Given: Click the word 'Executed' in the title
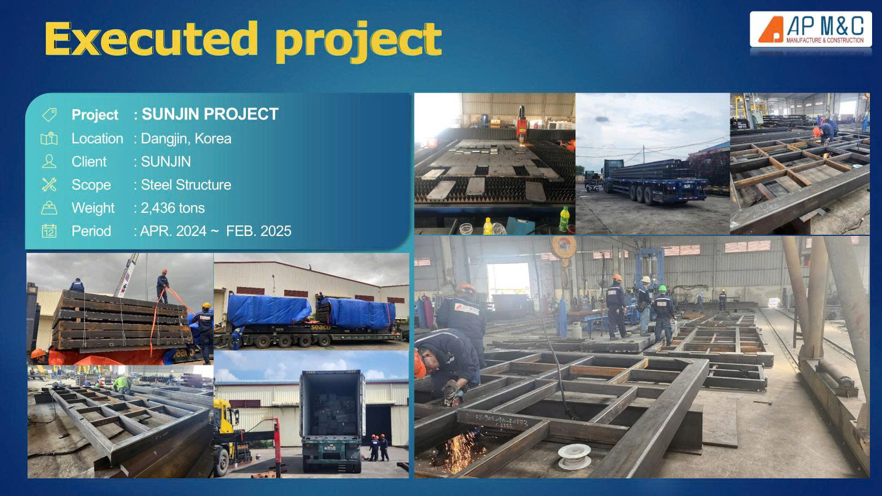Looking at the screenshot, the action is coord(151,39).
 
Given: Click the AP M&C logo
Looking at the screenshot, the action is coord(811,29).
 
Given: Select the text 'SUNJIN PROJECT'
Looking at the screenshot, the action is coord(210,114).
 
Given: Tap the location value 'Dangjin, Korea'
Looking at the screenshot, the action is coord(186,138).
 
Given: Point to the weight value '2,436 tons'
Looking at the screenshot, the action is coord(173,208).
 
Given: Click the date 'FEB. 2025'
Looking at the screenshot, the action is coord(259,231).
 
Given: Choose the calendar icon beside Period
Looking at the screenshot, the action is coord(49,231).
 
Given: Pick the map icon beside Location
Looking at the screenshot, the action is coord(49,138).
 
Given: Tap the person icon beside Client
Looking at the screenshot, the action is coord(49,161).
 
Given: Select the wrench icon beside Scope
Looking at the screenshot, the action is coord(49,185).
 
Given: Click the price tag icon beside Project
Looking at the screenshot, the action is coord(49,115).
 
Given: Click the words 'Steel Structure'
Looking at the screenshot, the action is coord(186,185).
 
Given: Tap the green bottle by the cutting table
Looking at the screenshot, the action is coord(564,219).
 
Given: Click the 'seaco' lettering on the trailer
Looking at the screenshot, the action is coord(320,327).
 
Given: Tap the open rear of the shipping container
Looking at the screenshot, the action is coord(332,405).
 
